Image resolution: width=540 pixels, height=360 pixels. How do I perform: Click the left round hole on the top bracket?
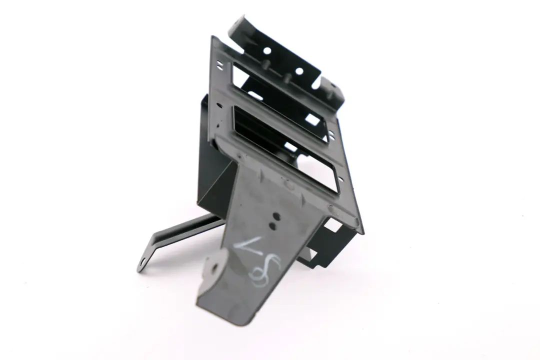click(266, 50)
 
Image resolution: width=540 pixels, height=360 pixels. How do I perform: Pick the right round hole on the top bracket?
click(299, 71)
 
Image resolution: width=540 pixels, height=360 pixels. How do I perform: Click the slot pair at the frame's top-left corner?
click(219, 64)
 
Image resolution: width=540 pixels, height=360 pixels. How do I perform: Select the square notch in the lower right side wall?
click(331, 226)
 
